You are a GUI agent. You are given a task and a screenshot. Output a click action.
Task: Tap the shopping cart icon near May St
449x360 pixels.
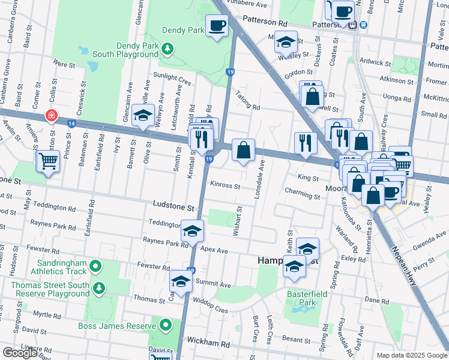click(47, 160)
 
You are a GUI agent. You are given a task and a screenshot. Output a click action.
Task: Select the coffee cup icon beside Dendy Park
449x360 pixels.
click(217, 26)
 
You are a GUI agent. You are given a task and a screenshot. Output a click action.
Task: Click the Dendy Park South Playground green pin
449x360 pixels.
click(169, 48)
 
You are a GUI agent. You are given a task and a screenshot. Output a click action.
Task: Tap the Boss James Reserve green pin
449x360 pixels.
click(166, 326)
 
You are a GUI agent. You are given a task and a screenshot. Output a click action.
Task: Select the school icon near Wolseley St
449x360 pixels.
click(286, 42)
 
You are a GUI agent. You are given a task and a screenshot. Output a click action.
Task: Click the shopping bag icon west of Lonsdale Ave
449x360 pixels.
click(243, 150)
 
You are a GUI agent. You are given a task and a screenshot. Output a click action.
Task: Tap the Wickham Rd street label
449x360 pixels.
click(208, 344)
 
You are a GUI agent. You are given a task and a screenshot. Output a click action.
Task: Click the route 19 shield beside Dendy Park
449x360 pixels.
click(230, 72)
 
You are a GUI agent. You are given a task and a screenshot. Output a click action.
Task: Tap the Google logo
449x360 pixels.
click(20, 353)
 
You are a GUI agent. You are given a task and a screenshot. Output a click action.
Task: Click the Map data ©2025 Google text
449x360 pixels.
click(412, 355)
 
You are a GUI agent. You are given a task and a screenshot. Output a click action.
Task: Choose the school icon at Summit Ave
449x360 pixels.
click(181, 280)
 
